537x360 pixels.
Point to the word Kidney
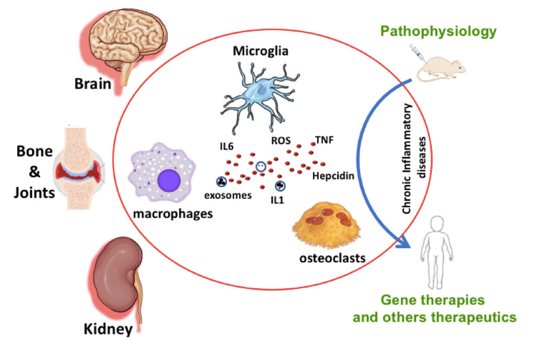click(108, 330)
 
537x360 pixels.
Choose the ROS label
click(281, 141)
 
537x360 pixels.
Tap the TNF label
click(324, 140)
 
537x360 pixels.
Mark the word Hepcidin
click(333, 176)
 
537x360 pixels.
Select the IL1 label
click(274, 199)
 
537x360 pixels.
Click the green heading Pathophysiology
click(438, 31)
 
